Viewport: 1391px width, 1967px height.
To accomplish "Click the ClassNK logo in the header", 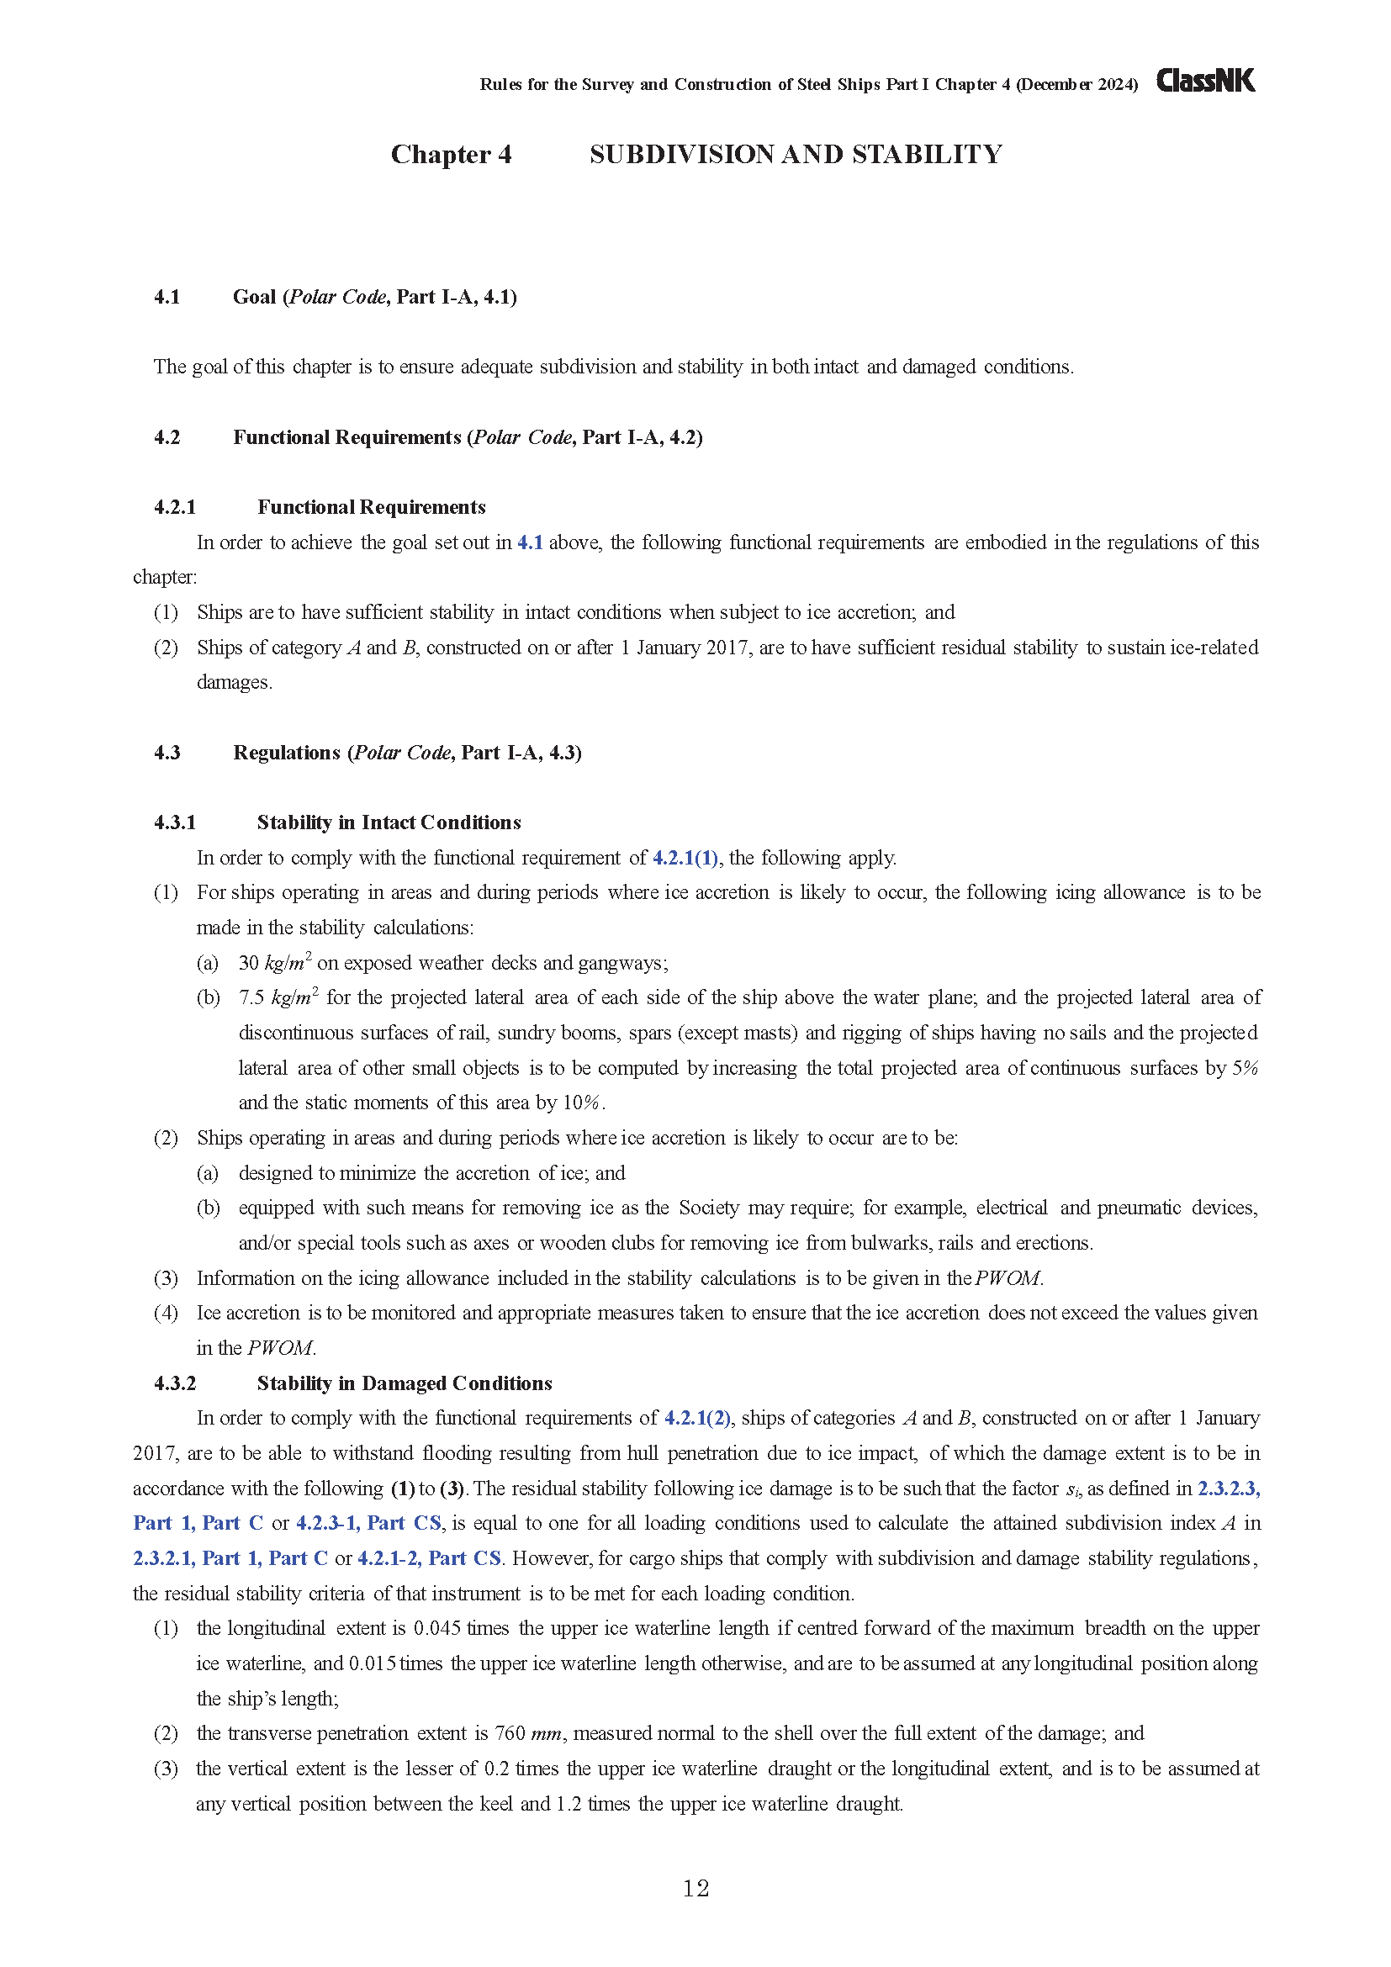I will [x=1205, y=81].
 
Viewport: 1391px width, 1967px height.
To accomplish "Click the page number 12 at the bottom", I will [x=695, y=1888].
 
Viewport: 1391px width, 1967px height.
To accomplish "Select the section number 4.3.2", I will [x=175, y=1383].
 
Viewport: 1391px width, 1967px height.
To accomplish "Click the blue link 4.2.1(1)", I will [x=685, y=858].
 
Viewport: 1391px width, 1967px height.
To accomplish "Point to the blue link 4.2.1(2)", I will [x=697, y=1418].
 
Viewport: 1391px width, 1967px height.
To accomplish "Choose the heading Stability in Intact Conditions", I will [x=389, y=822].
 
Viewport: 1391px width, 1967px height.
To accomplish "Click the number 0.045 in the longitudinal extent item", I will [x=436, y=1628].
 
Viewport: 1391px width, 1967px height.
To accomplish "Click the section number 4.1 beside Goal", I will [x=167, y=297].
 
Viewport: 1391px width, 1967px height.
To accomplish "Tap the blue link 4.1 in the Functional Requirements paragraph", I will [x=529, y=542].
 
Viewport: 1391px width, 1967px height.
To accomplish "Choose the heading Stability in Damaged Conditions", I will [x=405, y=1383].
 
